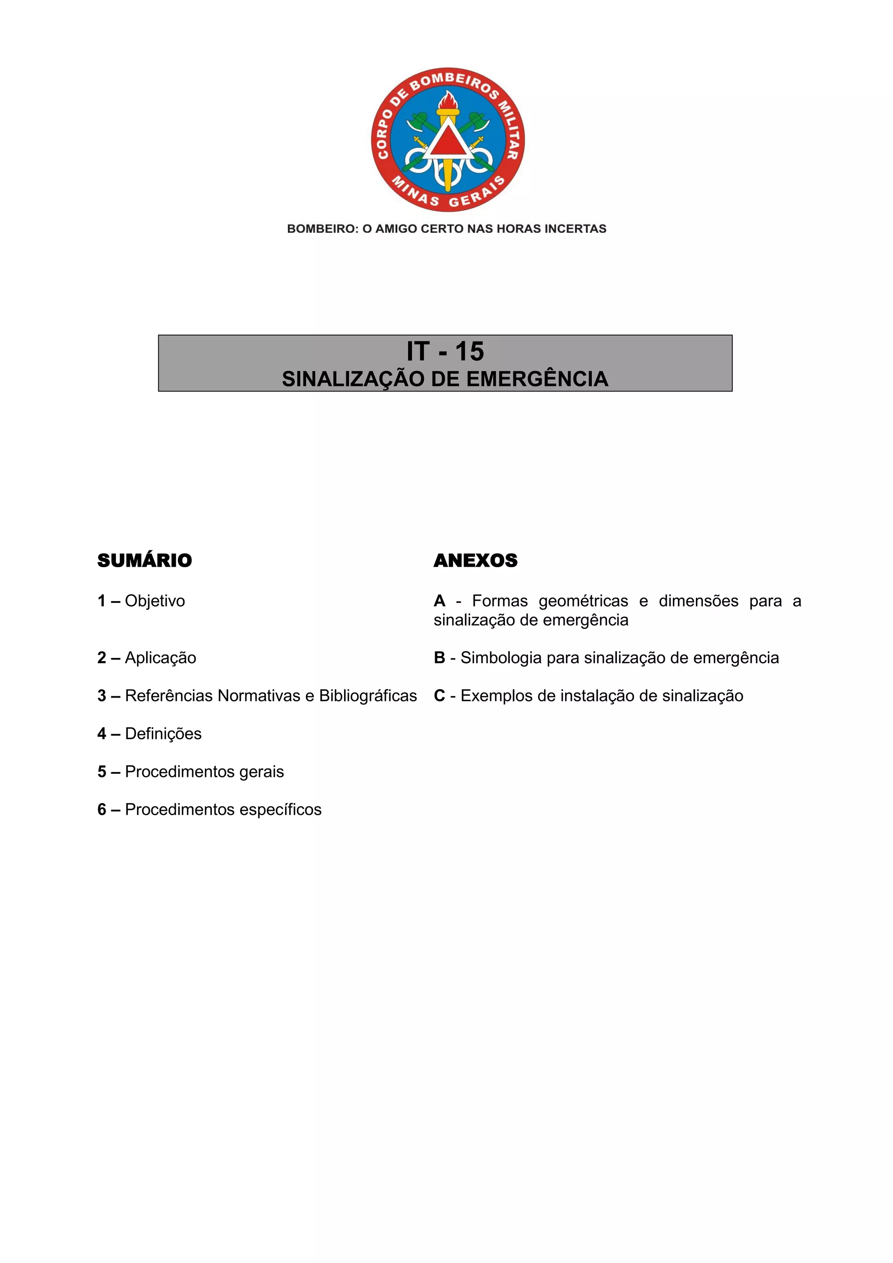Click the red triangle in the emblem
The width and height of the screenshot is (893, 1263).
click(x=447, y=143)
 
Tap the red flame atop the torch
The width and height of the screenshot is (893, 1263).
click(x=447, y=101)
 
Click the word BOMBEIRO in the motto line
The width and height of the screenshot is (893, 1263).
click(x=322, y=229)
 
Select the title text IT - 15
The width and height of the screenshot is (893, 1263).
click(x=445, y=351)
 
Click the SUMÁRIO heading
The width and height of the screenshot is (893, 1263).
click(x=145, y=561)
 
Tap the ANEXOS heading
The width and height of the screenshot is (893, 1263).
click(x=475, y=561)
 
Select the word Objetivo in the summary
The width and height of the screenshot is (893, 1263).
click(x=155, y=601)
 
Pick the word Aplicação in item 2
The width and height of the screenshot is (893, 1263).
click(x=160, y=658)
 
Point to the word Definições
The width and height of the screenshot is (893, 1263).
click(x=163, y=734)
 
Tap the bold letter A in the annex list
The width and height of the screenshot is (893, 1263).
click(x=439, y=601)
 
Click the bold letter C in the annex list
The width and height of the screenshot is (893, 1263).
click(x=439, y=696)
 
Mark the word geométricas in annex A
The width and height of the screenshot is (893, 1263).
click(x=583, y=601)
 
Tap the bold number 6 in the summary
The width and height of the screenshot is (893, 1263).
click(x=102, y=810)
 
